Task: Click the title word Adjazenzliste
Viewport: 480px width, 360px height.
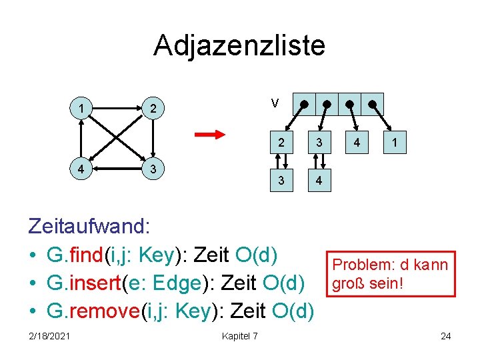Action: point(239,45)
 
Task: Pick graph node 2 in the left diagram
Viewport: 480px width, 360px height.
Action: point(153,108)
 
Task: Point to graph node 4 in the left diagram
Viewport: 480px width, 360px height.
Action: point(81,169)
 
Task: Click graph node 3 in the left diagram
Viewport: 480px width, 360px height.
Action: point(153,169)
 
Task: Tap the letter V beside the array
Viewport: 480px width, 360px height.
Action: point(275,103)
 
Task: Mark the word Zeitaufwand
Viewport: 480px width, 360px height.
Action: point(89,226)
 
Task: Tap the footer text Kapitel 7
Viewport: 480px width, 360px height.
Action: point(239,335)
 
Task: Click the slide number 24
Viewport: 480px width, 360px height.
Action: point(445,335)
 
